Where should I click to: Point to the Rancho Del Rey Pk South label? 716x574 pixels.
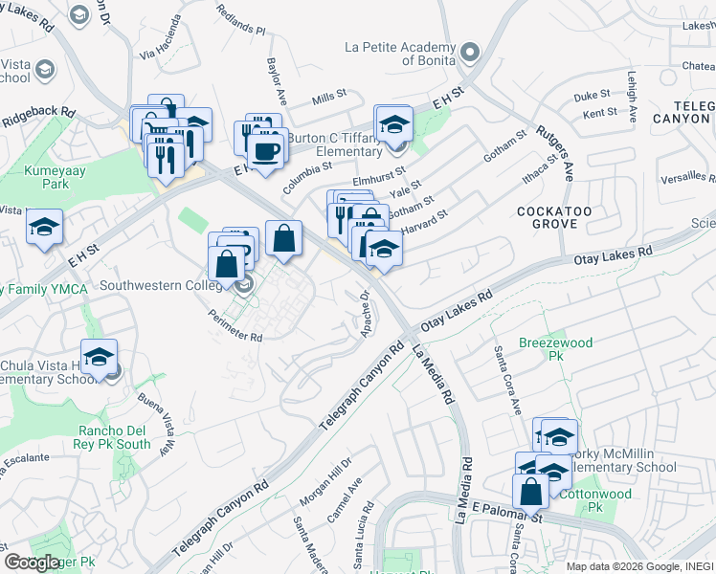coord(114,437)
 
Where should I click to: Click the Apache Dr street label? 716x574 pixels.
coord(365,314)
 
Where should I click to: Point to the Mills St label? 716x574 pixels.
coord(329,99)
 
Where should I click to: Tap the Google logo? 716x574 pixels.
coord(32,563)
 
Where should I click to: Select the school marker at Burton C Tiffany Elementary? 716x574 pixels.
coord(392,126)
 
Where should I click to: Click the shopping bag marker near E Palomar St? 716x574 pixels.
coord(531,491)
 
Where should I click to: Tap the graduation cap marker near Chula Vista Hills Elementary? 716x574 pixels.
coord(99,358)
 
